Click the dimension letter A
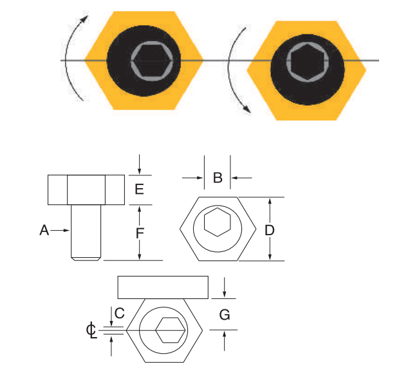coord(44,229)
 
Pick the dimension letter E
coord(139,189)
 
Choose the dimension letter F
coord(139,233)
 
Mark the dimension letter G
coord(225,314)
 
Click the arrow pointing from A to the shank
coord(61,229)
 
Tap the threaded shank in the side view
coord(86,232)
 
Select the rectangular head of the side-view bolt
coord(86,189)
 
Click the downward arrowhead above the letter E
coord(139,171)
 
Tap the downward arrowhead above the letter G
coord(224,295)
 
